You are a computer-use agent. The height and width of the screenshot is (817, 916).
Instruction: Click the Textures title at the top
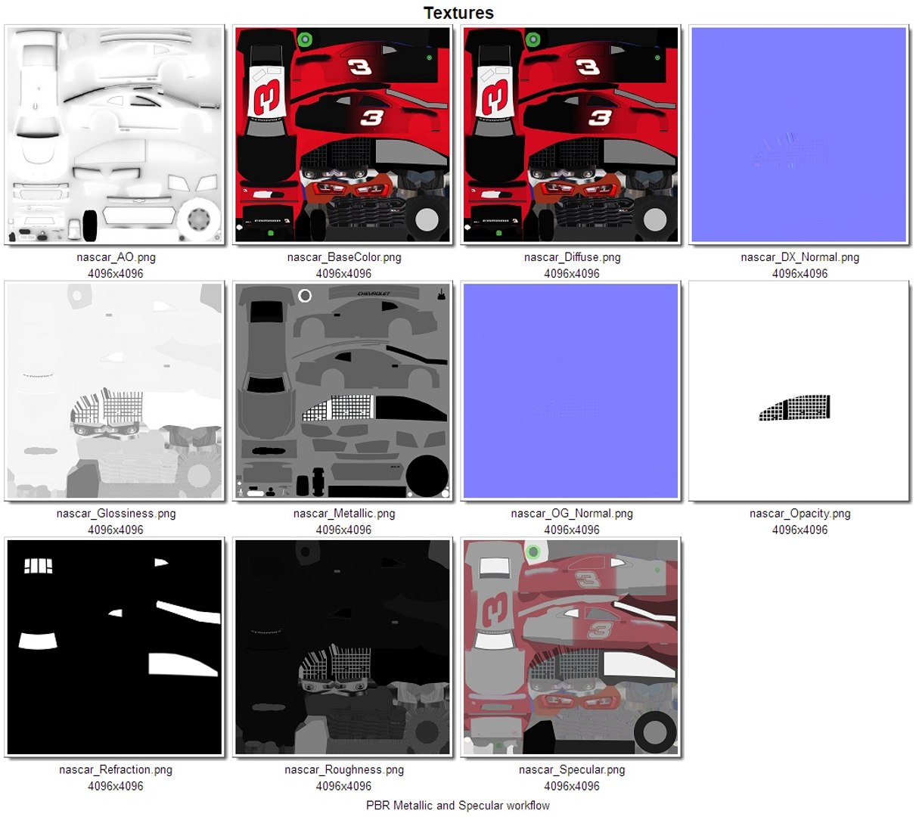(x=458, y=13)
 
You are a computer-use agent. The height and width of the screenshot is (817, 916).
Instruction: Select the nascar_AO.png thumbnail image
(x=115, y=135)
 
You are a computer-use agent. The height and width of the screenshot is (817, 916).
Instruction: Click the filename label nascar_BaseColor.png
(x=343, y=257)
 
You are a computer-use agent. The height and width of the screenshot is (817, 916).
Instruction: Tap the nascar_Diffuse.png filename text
(x=572, y=257)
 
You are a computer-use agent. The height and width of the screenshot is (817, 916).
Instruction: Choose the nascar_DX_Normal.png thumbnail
(x=799, y=135)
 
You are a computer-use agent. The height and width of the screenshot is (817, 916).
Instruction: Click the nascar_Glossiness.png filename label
(x=116, y=514)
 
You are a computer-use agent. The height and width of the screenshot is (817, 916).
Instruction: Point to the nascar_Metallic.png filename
(x=343, y=514)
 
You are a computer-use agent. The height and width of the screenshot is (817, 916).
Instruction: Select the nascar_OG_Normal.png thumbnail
(x=571, y=391)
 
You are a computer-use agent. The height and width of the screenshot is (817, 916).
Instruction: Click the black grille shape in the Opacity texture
(x=796, y=408)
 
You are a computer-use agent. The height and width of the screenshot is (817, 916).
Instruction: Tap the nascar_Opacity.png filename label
(x=800, y=514)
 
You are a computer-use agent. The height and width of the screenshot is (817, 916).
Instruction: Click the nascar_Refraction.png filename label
(x=116, y=770)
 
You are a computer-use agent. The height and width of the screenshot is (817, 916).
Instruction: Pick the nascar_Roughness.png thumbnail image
(x=343, y=647)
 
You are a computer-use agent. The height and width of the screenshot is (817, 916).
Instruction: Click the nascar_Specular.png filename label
(x=572, y=770)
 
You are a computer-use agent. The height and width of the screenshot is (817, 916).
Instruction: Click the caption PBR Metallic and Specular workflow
(x=458, y=806)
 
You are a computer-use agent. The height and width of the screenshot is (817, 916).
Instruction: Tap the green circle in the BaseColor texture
(x=305, y=39)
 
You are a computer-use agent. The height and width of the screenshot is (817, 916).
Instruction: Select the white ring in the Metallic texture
(x=305, y=296)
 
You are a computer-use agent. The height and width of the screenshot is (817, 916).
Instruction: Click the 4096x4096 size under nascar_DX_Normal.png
(x=800, y=274)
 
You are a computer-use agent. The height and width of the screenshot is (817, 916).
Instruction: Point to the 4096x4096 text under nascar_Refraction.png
(x=116, y=787)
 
